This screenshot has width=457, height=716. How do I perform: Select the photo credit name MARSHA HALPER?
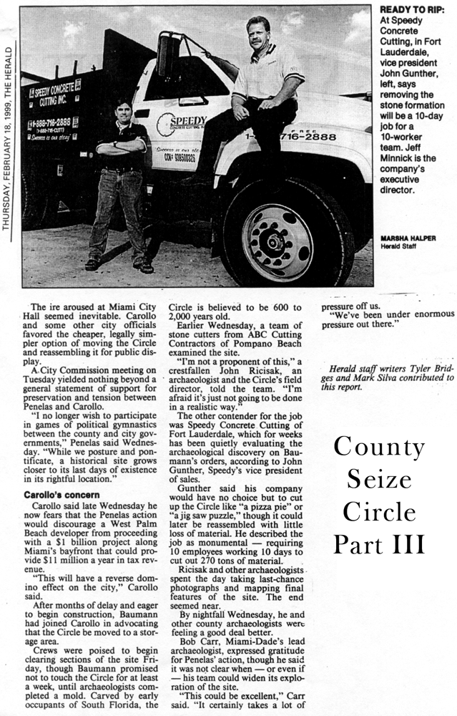[x=408, y=238]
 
